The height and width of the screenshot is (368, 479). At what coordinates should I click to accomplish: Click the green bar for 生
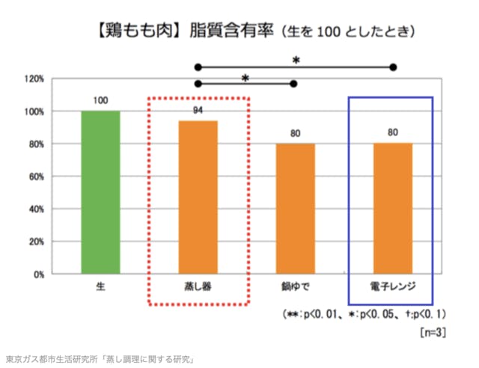(x=100, y=192)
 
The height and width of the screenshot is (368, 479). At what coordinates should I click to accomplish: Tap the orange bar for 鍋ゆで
(x=296, y=209)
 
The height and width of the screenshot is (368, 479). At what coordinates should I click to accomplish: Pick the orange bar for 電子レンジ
(x=393, y=209)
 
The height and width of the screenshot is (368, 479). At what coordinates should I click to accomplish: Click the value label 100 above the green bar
(x=100, y=100)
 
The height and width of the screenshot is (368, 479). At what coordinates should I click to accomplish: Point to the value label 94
(x=198, y=111)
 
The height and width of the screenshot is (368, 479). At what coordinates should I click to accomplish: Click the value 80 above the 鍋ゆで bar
(x=296, y=134)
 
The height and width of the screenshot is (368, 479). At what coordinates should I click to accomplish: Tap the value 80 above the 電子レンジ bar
(x=393, y=134)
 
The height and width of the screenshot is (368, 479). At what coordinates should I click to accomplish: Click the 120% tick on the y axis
(x=35, y=79)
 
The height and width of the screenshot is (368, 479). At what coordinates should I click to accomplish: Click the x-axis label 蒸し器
(x=198, y=287)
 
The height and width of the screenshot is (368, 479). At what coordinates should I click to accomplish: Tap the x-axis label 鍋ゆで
(x=295, y=287)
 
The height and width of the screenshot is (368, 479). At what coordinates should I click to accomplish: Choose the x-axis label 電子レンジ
(x=392, y=287)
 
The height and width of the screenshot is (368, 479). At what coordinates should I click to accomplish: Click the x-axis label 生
(x=100, y=287)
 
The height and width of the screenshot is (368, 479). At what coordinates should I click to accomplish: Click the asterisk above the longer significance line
(x=296, y=59)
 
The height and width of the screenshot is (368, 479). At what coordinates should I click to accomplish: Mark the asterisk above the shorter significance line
(x=245, y=77)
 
